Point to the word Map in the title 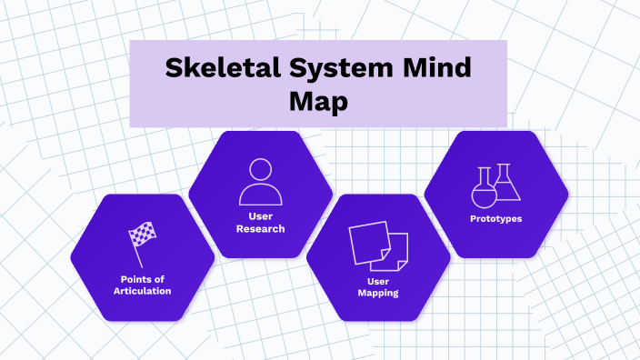(318, 102)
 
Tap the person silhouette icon (260, 182)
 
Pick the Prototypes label (496, 218)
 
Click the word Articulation (143, 291)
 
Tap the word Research (261, 228)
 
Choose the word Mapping (378, 293)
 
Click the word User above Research (261, 216)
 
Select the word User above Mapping (378, 281)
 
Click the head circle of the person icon (260, 170)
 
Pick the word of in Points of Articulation (163, 278)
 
